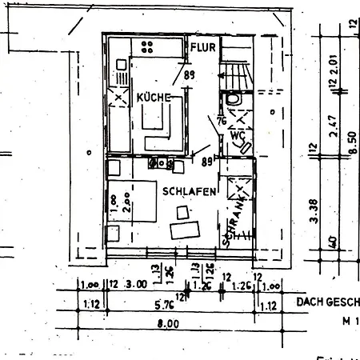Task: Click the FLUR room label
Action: click(203, 48)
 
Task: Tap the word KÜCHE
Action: click(154, 98)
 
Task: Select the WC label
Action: click(237, 136)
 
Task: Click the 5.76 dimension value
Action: click(165, 304)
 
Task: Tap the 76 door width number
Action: click(220, 122)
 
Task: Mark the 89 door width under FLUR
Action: click(190, 76)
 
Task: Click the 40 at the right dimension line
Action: click(333, 240)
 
